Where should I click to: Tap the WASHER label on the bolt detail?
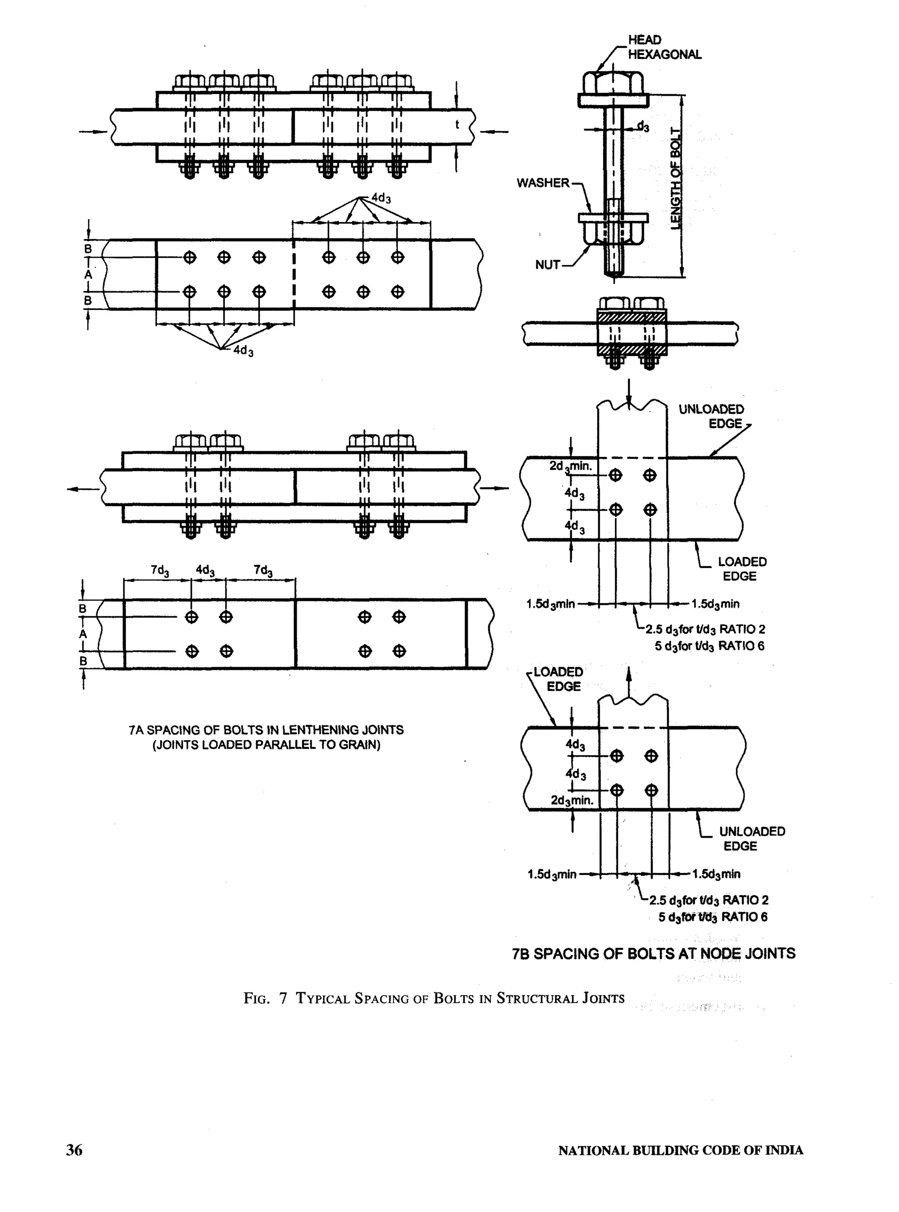click(x=543, y=183)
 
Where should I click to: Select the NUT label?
click(x=547, y=265)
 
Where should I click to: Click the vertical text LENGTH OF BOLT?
click(x=675, y=179)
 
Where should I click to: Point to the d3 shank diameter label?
click(x=643, y=127)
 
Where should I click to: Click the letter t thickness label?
click(x=457, y=125)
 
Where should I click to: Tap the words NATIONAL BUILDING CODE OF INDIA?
click(x=680, y=1150)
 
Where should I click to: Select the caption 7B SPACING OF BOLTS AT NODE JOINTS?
click(x=653, y=953)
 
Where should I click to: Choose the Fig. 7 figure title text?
click(x=434, y=998)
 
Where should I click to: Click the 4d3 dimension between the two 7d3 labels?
click(x=205, y=570)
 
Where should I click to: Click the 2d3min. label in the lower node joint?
click(x=572, y=800)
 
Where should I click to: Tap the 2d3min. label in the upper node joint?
click(x=570, y=466)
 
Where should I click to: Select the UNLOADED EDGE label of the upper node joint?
click(x=711, y=416)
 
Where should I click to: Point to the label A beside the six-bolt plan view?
click(x=88, y=275)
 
